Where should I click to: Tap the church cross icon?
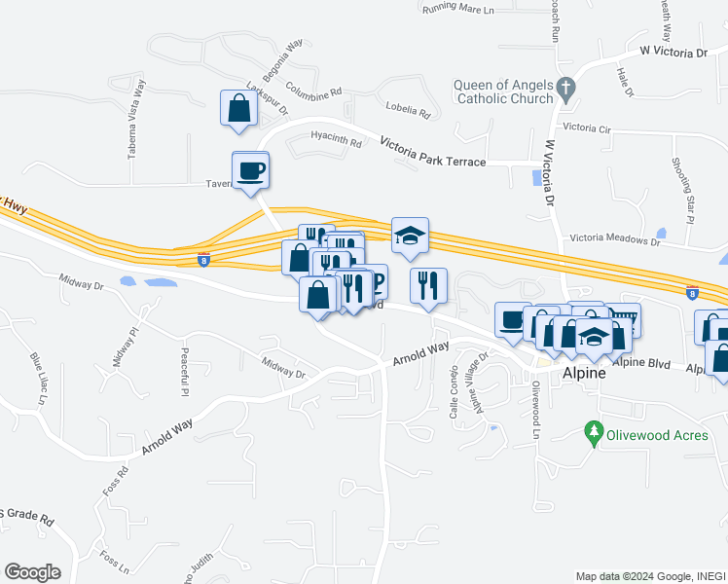pyautogui.click(x=564, y=90)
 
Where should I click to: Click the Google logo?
pyautogui.click(x=32, y=571)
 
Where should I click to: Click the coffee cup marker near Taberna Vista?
pyautogui.click(x=250, y=170)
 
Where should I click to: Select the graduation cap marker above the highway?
pyautogui.click(x=410, y=236)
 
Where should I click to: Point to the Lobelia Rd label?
pyautogui.click(x=408, y=109)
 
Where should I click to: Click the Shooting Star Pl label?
pyautogui.click(x=681, y=191)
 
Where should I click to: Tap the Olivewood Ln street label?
pyautogui.click(x=535, y=409)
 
